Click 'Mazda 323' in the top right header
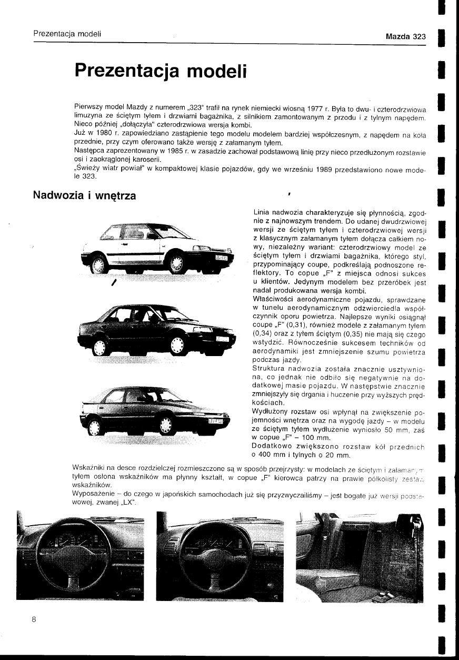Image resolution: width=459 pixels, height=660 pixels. pyautogui.click(x=405, y=37)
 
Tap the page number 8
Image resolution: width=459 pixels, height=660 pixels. pyautogui.click(x=33, y=619)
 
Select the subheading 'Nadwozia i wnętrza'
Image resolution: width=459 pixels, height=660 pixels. pyautogui.click(x=84, y=195)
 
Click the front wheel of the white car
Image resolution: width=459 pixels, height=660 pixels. pyautogui.click(x=176, y=263)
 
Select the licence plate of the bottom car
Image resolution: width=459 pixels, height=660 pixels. pyautogui.click(x=216, y=421)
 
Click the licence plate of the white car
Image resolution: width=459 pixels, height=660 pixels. pyautogui.click(x=220, y=257)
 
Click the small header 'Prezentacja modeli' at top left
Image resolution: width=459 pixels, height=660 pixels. pyautogui.click(x=67, y=34)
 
